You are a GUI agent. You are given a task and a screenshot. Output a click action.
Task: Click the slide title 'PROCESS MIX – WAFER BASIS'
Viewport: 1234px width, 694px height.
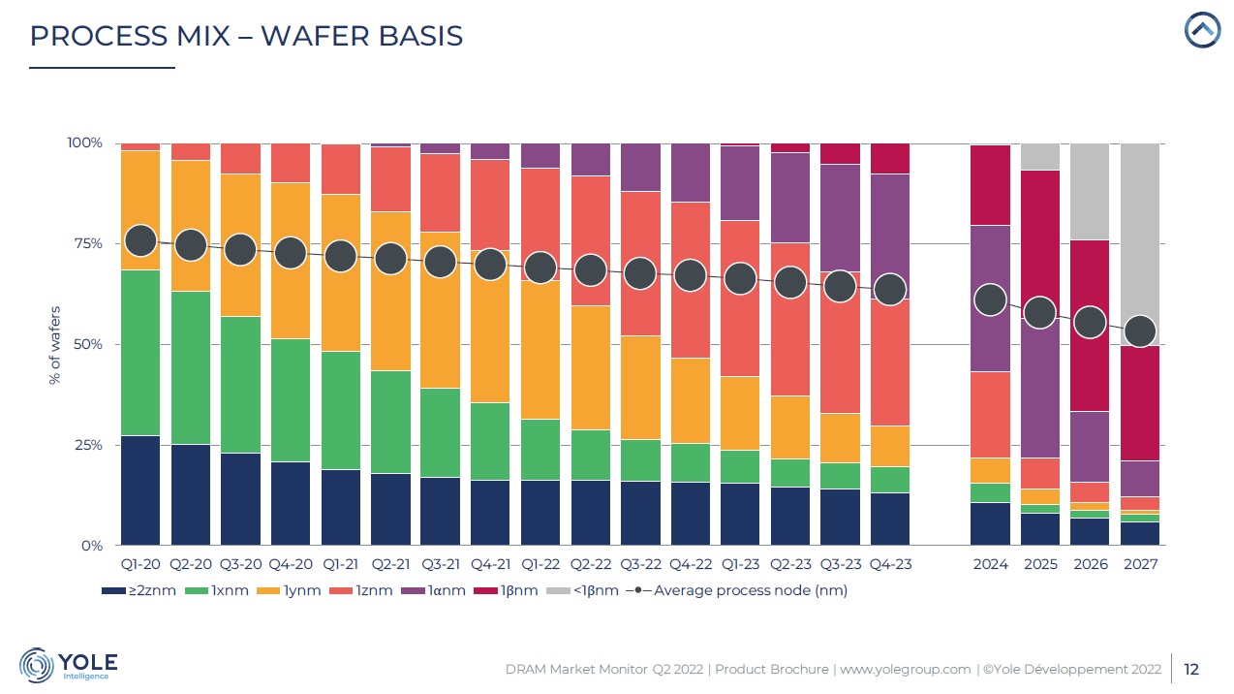tap(246, 36)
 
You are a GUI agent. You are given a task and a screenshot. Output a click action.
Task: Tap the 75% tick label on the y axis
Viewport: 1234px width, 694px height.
tap(84, 243)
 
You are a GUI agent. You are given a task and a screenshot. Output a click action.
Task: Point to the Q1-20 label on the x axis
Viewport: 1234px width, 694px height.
tap(140, 564)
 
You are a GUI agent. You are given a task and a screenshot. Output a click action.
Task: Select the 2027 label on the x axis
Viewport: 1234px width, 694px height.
tap(1140, 564)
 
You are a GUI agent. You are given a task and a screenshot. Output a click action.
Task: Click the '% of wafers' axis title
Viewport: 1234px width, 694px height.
tap(54, 345)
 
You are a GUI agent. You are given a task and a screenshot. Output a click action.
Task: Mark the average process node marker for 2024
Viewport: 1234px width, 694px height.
tap(990, 300)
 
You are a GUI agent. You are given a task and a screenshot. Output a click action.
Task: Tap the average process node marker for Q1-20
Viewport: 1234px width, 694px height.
tap(140, 240)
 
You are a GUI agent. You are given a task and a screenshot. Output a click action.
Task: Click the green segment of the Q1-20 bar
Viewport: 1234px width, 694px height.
tap(140, 353)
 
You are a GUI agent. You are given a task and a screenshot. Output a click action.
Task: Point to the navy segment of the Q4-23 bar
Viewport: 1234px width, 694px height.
tap(889, 520)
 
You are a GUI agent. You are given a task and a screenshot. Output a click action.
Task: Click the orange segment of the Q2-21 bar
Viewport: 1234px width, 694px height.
tap(391, 291)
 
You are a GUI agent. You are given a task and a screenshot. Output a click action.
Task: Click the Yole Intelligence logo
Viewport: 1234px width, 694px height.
tap(69, 665)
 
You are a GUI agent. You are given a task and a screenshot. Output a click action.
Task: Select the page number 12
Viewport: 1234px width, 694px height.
tap(1191, 669)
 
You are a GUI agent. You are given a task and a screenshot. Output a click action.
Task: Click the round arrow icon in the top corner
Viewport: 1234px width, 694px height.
tap(1202, 30)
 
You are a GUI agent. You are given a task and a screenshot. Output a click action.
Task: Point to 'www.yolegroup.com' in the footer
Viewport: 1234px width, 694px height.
tap(904, 669)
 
